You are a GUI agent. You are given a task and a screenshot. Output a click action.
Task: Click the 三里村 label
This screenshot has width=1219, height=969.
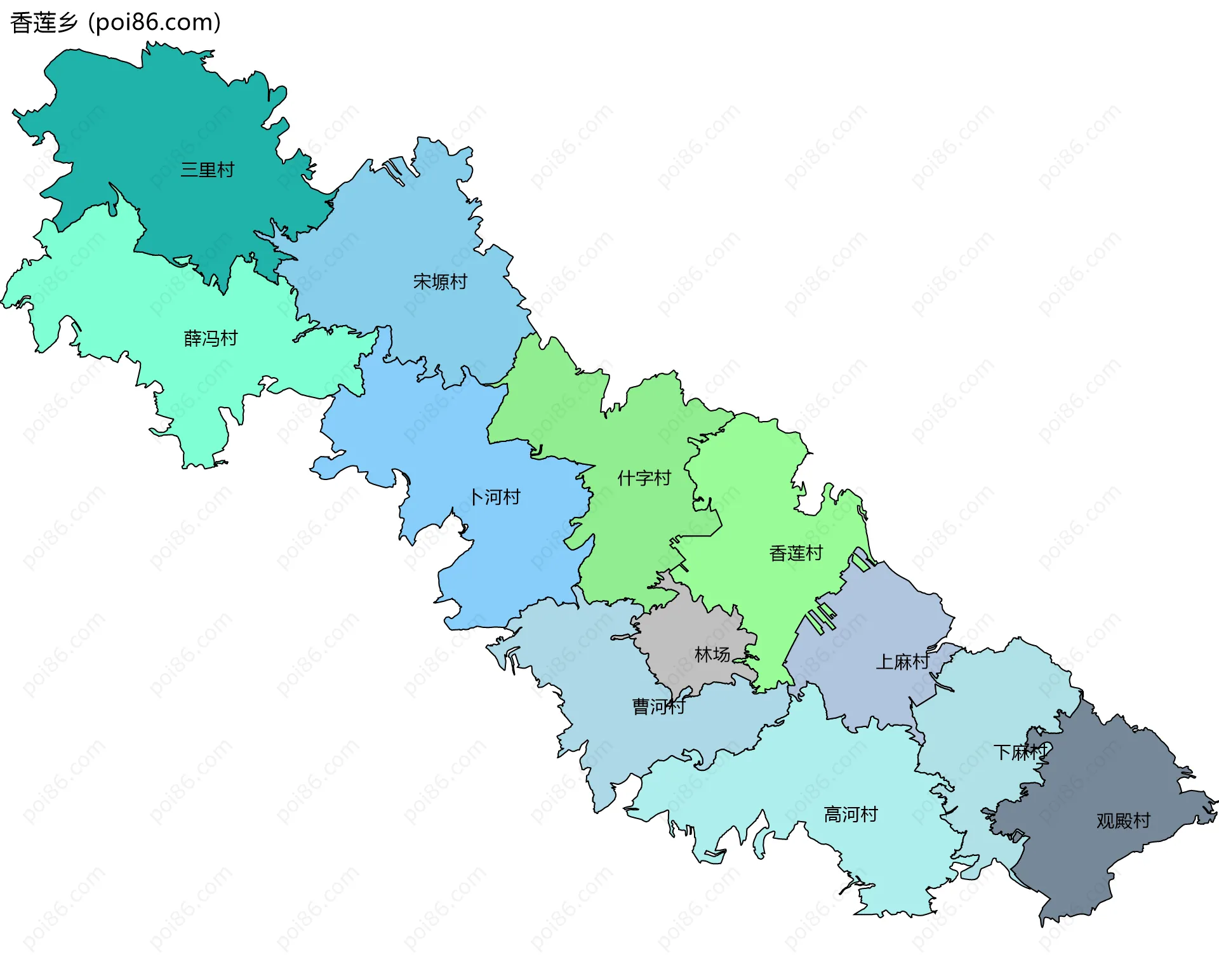208,170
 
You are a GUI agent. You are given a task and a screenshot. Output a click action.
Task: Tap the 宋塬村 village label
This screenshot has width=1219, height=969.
440,281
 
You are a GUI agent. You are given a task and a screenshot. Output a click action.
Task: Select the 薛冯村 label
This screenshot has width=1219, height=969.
211,338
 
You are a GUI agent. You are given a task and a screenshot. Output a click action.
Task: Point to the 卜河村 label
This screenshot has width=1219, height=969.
495,497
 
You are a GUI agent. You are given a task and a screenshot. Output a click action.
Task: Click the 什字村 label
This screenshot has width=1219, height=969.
644,478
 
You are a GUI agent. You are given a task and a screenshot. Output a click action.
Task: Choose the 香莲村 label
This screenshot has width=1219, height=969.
796,554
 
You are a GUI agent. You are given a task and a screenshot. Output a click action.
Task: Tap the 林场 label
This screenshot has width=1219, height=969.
712,655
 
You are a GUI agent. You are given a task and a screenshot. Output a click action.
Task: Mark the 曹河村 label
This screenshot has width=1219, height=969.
659,707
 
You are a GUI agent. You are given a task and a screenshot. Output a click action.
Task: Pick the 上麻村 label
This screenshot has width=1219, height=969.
902,662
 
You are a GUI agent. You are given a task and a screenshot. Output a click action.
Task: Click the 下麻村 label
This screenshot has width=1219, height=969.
1020,752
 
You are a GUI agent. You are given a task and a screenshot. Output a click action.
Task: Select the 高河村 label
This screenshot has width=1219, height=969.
851,815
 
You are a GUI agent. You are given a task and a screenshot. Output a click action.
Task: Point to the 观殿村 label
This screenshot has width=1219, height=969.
1123,821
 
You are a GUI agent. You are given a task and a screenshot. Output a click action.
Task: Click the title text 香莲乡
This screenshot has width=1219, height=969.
44,23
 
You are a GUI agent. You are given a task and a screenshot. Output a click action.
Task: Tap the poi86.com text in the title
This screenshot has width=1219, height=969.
155,23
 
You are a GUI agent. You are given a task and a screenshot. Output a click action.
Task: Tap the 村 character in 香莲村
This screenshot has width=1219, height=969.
815,554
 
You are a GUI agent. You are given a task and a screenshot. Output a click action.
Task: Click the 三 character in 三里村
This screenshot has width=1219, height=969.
189,170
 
